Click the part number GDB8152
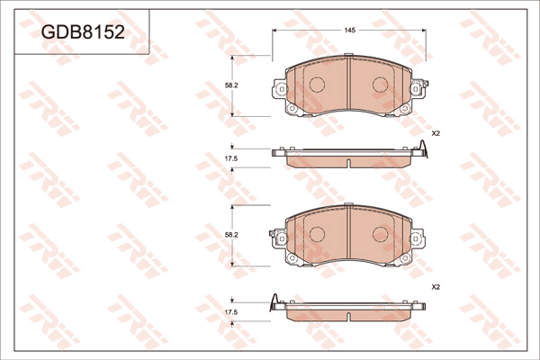pyautogui.click(x=83, y=32)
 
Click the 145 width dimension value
pyautogui.click(x=349, y=31)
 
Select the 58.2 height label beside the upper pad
pyautogui.click(x=231, y=85)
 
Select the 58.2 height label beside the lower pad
pyautogui.click(x=231, y=235)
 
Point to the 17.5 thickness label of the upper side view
pyautogui.click(x=231, y=158)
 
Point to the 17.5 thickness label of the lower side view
pyautogui.click(x=231, y=312)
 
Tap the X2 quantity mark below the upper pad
pyautogui.click(x=436, y=134)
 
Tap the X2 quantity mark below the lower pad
pyautogui.click(x=436, y=286)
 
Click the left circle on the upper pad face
pyautogui.click(x=317, y=85)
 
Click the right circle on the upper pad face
pyautogui.click(x=381, y=85)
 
